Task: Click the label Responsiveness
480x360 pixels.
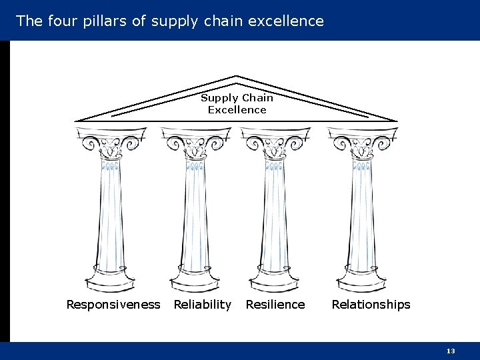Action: [113, 305]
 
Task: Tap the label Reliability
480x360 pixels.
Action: [202, 305]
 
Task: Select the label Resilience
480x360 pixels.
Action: [275, 305]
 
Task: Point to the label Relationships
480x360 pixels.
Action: [371, 305]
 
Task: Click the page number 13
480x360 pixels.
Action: [451, 351]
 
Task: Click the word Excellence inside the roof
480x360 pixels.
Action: [237, 110]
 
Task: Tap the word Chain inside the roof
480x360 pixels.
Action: [257, 98]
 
